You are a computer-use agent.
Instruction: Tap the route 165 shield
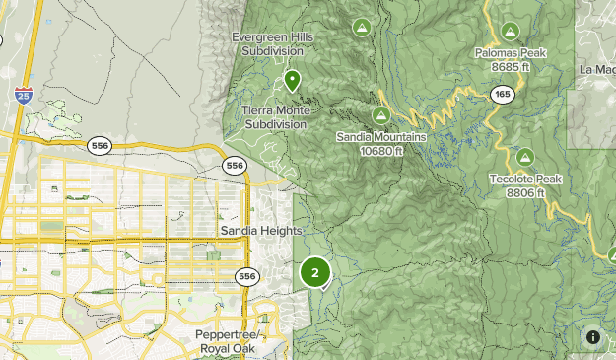tap(502, 94)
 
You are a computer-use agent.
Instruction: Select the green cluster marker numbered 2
tap(315, 273)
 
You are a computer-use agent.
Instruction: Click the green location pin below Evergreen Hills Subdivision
tap(292, 80)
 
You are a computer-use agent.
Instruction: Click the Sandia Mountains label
tap(380, 137)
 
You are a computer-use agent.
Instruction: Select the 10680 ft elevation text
tap(380, 151)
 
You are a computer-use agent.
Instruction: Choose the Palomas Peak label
tap(511, 53)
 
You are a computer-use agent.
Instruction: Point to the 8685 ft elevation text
tap(511, 67)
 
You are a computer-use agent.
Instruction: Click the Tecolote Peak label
tap(525, 180)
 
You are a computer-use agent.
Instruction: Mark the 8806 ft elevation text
tap(525, 193)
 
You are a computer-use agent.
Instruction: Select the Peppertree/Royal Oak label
tap(228, 343)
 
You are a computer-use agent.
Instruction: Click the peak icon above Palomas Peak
tap(511, 31)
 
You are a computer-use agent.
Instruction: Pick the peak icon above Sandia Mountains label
tap(380, 115)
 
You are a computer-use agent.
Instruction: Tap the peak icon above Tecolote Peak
tap(525, 157)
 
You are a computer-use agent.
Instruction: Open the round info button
tap(593, 337)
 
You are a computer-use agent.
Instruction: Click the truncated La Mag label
tap(597, 69)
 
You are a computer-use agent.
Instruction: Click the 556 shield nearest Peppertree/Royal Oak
tap(246, 277)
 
